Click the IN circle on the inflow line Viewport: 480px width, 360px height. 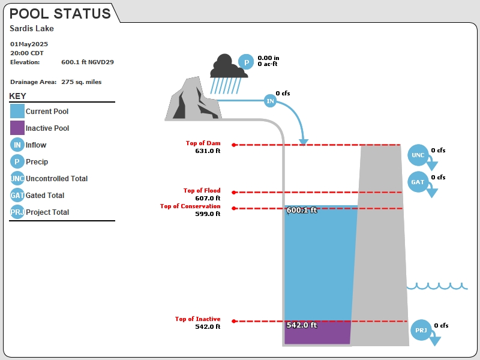(270, 101)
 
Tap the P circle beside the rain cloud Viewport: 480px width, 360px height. (246, 62)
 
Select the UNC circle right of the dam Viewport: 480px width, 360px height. (418, 155)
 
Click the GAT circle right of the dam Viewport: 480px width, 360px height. (418, 182)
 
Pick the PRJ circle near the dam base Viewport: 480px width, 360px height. (421, 330)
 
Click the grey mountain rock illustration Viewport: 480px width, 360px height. (193, 99)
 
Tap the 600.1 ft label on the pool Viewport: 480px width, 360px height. (302, 210)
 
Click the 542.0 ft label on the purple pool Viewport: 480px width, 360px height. (302, 325)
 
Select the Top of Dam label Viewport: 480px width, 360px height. (203, 143)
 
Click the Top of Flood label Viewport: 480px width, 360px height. (202, 190)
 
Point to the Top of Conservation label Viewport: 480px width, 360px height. (190, 206)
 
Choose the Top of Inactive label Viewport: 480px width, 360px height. (197, 319)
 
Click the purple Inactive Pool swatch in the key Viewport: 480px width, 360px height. (17, 128)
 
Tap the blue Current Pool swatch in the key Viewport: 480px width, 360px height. (17, 111)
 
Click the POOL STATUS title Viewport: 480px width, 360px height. (60, 14)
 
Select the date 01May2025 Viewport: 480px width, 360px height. (29, 44)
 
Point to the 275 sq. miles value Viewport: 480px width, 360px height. (81, 82)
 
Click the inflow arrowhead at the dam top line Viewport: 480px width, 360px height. (304, 142)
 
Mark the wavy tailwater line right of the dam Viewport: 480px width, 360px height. (437, 286)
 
